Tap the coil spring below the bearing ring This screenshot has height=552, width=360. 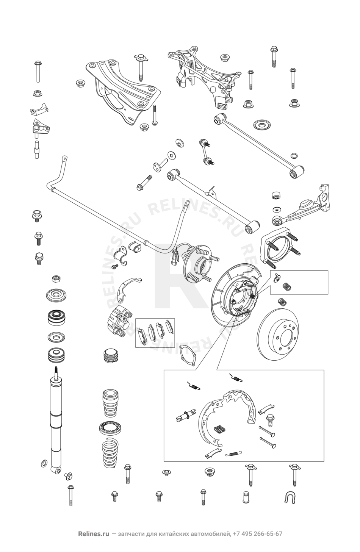(x=111, y=450)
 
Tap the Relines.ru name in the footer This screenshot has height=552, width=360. (x=91, y=534)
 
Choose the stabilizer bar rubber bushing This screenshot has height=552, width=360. (x=135, y=247)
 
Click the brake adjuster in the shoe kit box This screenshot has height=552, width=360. (x=185, y=417)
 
